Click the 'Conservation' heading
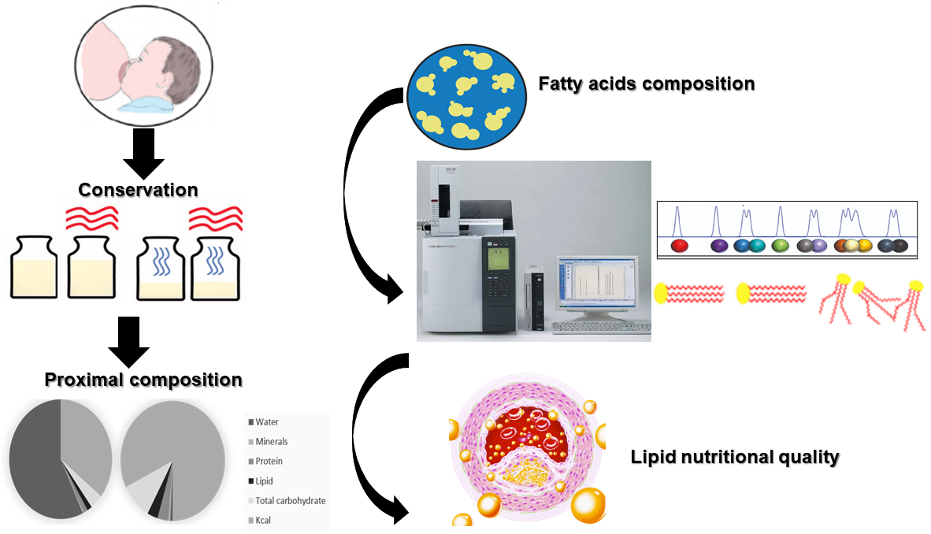click(x=138, y=190)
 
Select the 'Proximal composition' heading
click(x=143, y=380)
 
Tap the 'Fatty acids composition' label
click(x=646, y=83)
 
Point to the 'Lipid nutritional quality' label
click(x=734, y=456)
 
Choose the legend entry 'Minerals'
click(x=271, y=442)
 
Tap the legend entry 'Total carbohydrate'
click(x=290, y=501)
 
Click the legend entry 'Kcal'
click(x=263, y=521)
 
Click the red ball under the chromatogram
click(x=680, y=246)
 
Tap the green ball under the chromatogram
click(x=781, y=246)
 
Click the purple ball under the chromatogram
click(x=719, y=246)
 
